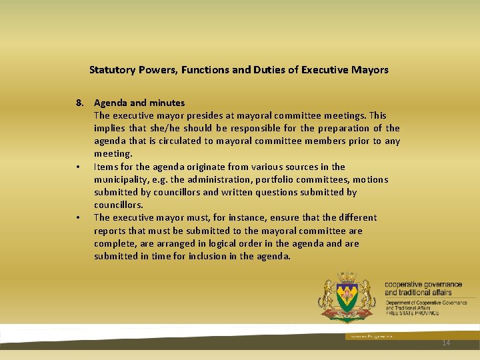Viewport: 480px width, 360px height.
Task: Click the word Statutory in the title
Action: click(111, 69)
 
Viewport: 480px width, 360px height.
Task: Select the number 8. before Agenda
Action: click(80, 103)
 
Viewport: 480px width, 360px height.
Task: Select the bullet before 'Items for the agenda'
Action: click(78, 167)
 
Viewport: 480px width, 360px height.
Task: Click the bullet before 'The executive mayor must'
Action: click(78, 217)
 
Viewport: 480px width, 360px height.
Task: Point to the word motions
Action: click(370, 179)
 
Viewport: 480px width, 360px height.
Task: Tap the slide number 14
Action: click(446, 343)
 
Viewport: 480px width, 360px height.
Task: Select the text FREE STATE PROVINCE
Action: click(412, 313)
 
